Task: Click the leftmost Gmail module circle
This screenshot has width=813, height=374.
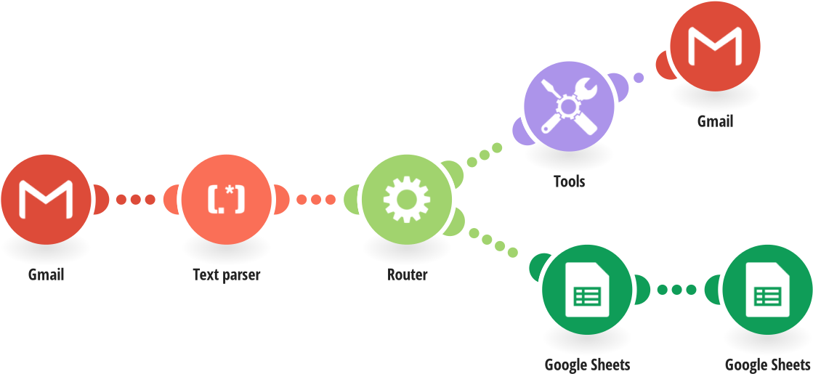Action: [x=45, y=198]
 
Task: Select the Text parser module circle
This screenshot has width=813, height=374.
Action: [x=226, y=198]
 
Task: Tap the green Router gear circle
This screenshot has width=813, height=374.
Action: [x=407, y=198]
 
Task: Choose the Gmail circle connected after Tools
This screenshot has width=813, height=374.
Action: [x=715, y=46]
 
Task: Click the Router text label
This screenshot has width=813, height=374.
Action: [x=407, y=275]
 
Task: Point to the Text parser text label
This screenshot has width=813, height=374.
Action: [x=226, y=275]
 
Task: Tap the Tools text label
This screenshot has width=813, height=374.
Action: [x=569, y=182]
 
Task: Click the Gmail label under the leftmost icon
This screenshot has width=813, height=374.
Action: [x=46, y=275]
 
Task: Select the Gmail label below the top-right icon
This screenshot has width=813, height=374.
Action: [x=715, y=121]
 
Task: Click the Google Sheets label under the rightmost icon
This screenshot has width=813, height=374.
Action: [x=768, y=364]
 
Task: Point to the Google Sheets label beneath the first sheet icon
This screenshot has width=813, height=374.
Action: [x=587, y=364]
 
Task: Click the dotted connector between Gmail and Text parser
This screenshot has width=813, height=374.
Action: [x=135, y=198]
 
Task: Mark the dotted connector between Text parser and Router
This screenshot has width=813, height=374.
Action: [x=316, y=198]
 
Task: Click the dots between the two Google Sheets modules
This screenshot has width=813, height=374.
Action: [x=676, y=289]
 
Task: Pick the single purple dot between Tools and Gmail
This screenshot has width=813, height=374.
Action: [x=638, y=78]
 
